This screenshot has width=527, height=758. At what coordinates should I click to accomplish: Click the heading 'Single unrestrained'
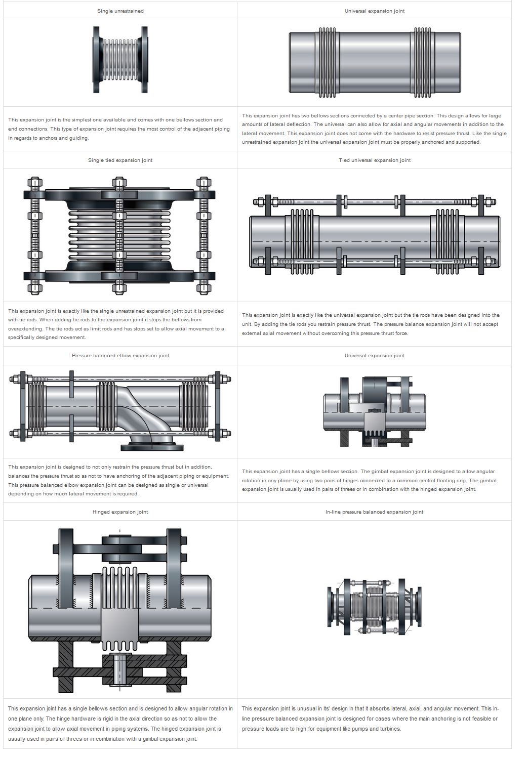[120, 11]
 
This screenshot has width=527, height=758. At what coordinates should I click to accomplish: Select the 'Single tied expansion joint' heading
[120, 160]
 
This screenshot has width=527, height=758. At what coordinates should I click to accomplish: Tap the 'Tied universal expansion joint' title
[375, 160]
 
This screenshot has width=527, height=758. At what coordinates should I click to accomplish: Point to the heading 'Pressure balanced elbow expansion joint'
[120, 356]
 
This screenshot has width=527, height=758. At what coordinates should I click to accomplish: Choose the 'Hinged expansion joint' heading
[120, 512]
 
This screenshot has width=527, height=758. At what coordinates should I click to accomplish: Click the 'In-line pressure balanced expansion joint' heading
[374, 512]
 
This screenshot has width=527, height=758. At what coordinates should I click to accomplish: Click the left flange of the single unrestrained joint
[96, 59]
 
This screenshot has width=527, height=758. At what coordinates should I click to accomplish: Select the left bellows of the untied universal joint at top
[327, 62]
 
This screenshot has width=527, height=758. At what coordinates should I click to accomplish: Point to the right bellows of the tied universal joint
[447, 241]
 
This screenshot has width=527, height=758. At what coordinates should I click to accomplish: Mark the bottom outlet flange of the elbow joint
[152, 447]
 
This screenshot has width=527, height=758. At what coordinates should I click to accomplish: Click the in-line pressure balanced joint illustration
[374, 606]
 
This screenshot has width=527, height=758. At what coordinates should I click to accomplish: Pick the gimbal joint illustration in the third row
[374, 411]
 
